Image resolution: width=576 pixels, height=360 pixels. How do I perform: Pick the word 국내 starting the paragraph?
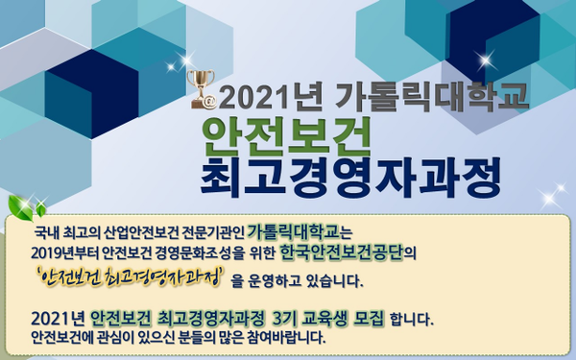click(48, 233)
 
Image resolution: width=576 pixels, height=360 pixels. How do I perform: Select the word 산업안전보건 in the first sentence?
click(132, 233)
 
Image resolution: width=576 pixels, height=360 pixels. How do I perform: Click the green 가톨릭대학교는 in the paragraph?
click(300, 232)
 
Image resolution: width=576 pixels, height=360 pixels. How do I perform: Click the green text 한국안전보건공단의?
click(350, 254)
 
